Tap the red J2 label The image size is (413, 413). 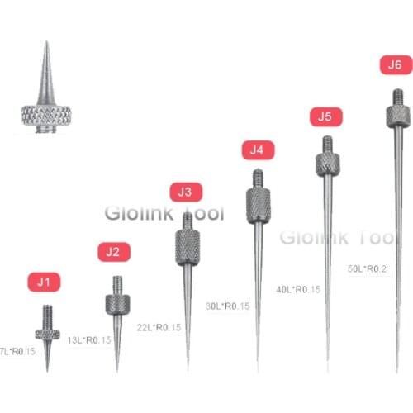pos(114,251)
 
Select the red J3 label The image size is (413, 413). pos(184,192)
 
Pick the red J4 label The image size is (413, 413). pos(257,150)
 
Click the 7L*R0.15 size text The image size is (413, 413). pos(17,351)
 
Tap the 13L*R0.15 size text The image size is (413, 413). pos(88,339)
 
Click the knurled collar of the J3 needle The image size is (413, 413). pos(188,244)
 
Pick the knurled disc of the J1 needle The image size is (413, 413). pos(47,334)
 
